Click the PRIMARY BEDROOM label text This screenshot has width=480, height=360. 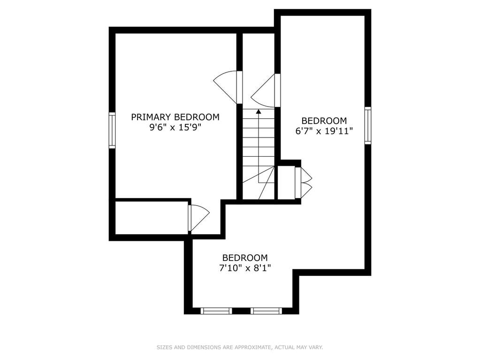pos(175,117)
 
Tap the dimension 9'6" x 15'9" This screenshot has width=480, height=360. pos(175,127)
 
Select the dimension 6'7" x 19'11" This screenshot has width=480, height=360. pos(324,131)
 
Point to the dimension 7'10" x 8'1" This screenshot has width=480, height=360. pos(245,268)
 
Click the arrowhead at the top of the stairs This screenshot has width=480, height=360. pos(259,111)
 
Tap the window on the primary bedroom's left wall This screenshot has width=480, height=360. pos(112,130)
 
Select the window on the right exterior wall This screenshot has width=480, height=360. pos(368,125)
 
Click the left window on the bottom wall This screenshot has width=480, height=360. pos(216,311)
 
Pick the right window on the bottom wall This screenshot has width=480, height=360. pos(266,311)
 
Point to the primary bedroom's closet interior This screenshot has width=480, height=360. pos(151,218)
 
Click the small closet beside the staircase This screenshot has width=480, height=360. pos(286,183)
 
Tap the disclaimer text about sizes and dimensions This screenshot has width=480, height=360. pos(240,347)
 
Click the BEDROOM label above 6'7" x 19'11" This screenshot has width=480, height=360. pos(324,121)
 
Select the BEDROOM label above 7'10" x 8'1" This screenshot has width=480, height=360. pos(245,258)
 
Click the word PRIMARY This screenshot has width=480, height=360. pos(151,117)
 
